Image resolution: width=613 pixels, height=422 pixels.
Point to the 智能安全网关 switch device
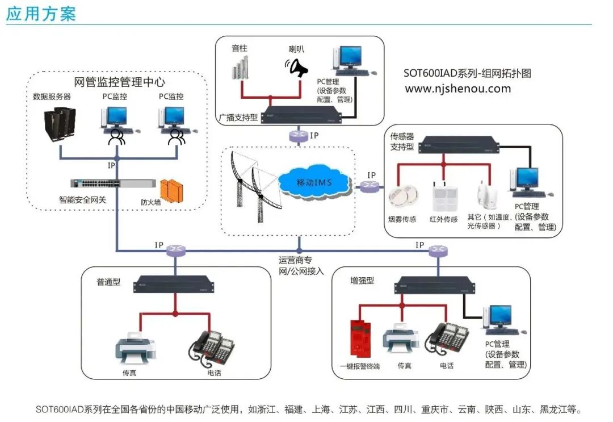click(112, 183)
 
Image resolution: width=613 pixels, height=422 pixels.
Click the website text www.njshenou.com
click(457, 89)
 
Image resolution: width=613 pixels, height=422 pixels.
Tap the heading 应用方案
click(41, 14)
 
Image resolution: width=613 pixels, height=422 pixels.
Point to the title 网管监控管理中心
click(120, 81)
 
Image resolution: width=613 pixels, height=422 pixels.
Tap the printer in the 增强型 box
click(401, 340)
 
